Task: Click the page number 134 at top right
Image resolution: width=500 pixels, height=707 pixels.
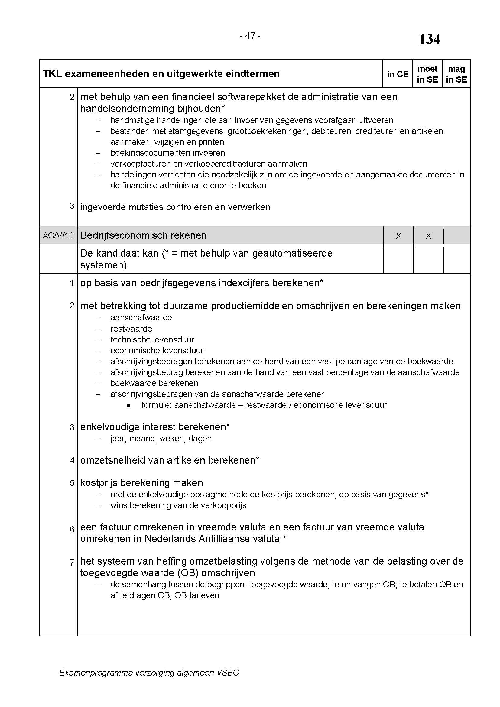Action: click(430, 39)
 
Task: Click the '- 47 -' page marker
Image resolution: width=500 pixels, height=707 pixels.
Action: click(250, 36)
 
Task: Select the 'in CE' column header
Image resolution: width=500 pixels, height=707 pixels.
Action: click(398, 74)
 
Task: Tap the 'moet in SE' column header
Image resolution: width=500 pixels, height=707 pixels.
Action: click(427, 74)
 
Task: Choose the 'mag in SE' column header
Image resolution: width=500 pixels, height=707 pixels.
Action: click(456, 74)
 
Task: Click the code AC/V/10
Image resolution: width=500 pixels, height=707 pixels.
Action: click(58, 236)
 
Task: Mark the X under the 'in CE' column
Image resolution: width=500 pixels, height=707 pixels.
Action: click(398, 236)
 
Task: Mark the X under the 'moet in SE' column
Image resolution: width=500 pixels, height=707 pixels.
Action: click(428, 236)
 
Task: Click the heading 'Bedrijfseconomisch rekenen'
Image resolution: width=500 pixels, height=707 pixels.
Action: click(144, 235)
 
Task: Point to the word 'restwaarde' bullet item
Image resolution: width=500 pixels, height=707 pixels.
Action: click(131, 329)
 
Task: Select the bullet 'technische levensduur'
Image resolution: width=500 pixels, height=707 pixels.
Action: click(152, 340)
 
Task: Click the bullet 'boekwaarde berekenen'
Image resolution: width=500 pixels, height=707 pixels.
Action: click(154, 383)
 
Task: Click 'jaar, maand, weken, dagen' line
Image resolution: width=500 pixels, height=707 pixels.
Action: click(161, 439)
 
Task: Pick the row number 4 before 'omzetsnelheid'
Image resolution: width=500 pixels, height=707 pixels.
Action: click(72, 461)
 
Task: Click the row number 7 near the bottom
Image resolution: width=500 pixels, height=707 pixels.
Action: click(72, 563)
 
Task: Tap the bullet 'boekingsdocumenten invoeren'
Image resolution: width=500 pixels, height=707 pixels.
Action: click(167, 153)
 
